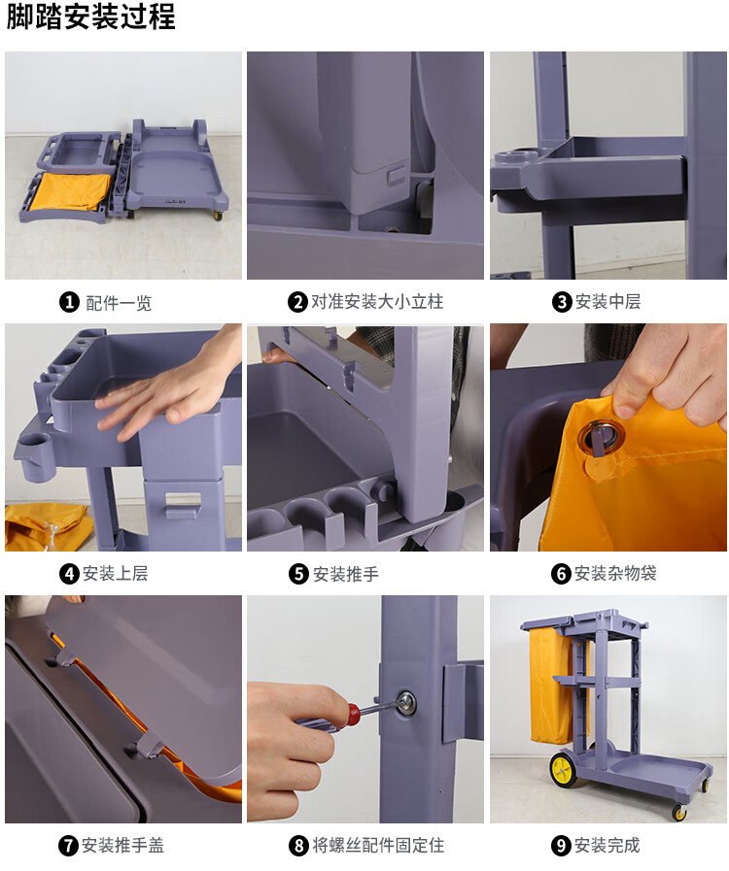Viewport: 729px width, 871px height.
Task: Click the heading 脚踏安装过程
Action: [x=90, y=17]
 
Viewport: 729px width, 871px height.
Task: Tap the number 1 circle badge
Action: [x=70, y=302]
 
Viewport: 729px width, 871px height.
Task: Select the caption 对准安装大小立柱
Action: [x=376, y=302]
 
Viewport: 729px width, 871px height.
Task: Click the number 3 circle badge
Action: [x=562, y=302]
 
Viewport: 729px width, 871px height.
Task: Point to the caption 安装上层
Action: [x=115, y=573]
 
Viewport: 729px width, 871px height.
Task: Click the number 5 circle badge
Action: [x=298, y=574]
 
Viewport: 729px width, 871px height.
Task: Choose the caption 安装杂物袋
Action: [x=615, y=573]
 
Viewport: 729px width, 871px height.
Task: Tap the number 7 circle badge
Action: [x=68, y=846]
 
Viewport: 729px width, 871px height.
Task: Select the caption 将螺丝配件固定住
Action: [x=378, y=846]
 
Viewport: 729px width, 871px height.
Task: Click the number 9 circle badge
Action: [x=561, y=846]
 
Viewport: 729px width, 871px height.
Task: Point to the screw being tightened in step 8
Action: [x=406, y=702]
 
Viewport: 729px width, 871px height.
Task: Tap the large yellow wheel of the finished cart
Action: [x=564, y=769]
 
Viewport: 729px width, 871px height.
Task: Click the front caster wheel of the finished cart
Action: [x=679, y=812]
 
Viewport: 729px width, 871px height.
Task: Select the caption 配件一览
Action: [x=119, y=303]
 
